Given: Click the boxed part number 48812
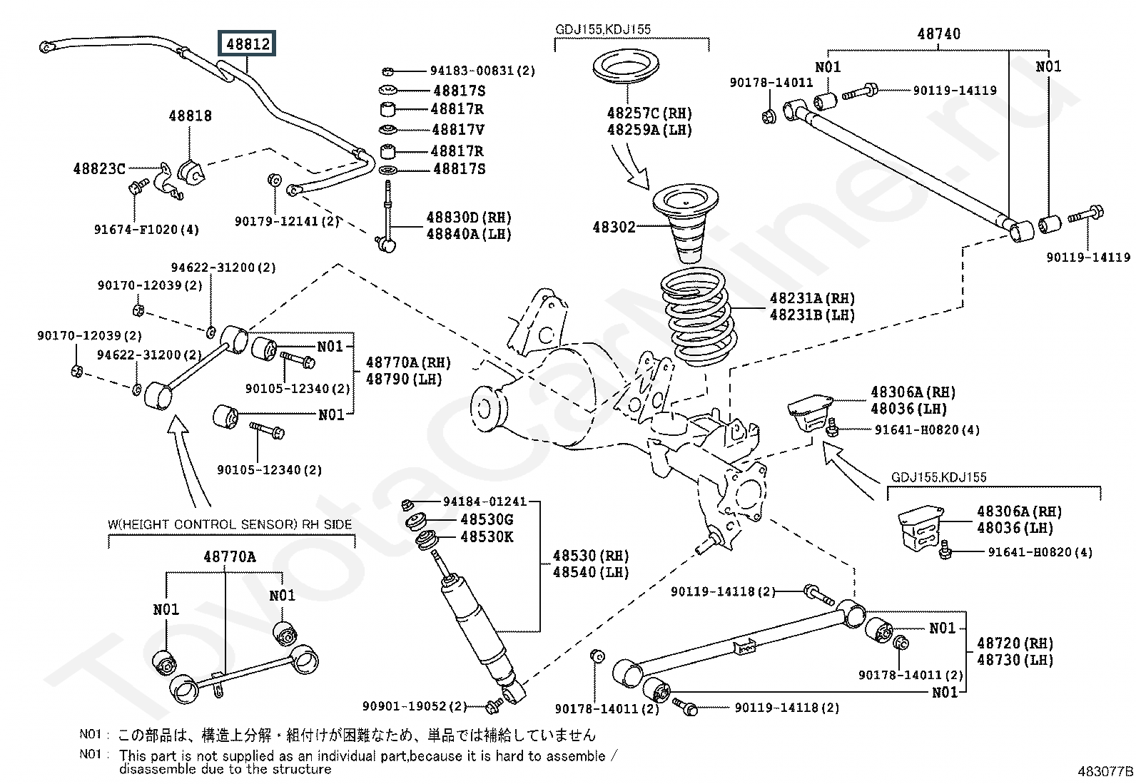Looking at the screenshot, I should (248, 44).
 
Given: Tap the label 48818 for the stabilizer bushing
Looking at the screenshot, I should (190, 116).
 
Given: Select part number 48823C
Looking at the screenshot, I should (99, 169).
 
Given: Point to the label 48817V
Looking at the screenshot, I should (458, 130).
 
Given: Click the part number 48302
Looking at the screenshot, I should (614, 228).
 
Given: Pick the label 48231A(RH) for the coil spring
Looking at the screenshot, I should (812, 298).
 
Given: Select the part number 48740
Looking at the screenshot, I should (938, 34).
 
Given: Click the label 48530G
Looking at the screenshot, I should (487, 520).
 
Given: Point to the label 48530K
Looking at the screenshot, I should (487, 537).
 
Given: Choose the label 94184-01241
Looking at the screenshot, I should (485, 502).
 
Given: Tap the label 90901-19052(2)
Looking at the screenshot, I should (414, 706).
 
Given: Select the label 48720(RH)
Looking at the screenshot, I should (1015, 643).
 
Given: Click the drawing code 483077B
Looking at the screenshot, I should (1105, 771).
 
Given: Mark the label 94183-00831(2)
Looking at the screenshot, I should (482, 71).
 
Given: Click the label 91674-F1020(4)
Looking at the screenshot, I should (146, 230).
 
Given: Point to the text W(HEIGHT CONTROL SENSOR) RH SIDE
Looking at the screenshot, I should (230, 524).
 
